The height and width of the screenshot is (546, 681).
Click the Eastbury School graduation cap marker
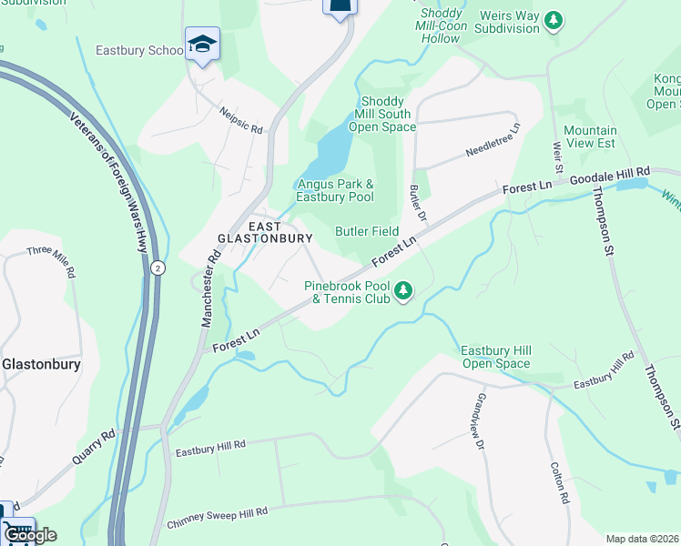click(202, 45)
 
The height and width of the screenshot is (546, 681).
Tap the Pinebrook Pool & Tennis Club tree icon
click(403, 291)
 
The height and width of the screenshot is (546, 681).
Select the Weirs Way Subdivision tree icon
click(553, 19)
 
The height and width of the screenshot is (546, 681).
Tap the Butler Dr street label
click(418, 203)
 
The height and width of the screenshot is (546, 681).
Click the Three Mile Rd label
click(51, 261)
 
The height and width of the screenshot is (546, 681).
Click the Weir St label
click(556, 156)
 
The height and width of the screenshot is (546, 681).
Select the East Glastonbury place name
click(264, 232)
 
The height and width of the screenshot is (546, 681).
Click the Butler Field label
click(367, 231)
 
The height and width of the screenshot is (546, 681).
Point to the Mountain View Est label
click(589, 136)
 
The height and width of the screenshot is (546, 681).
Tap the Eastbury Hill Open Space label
click(495, 357)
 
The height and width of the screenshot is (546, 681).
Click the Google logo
click(29, 535)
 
